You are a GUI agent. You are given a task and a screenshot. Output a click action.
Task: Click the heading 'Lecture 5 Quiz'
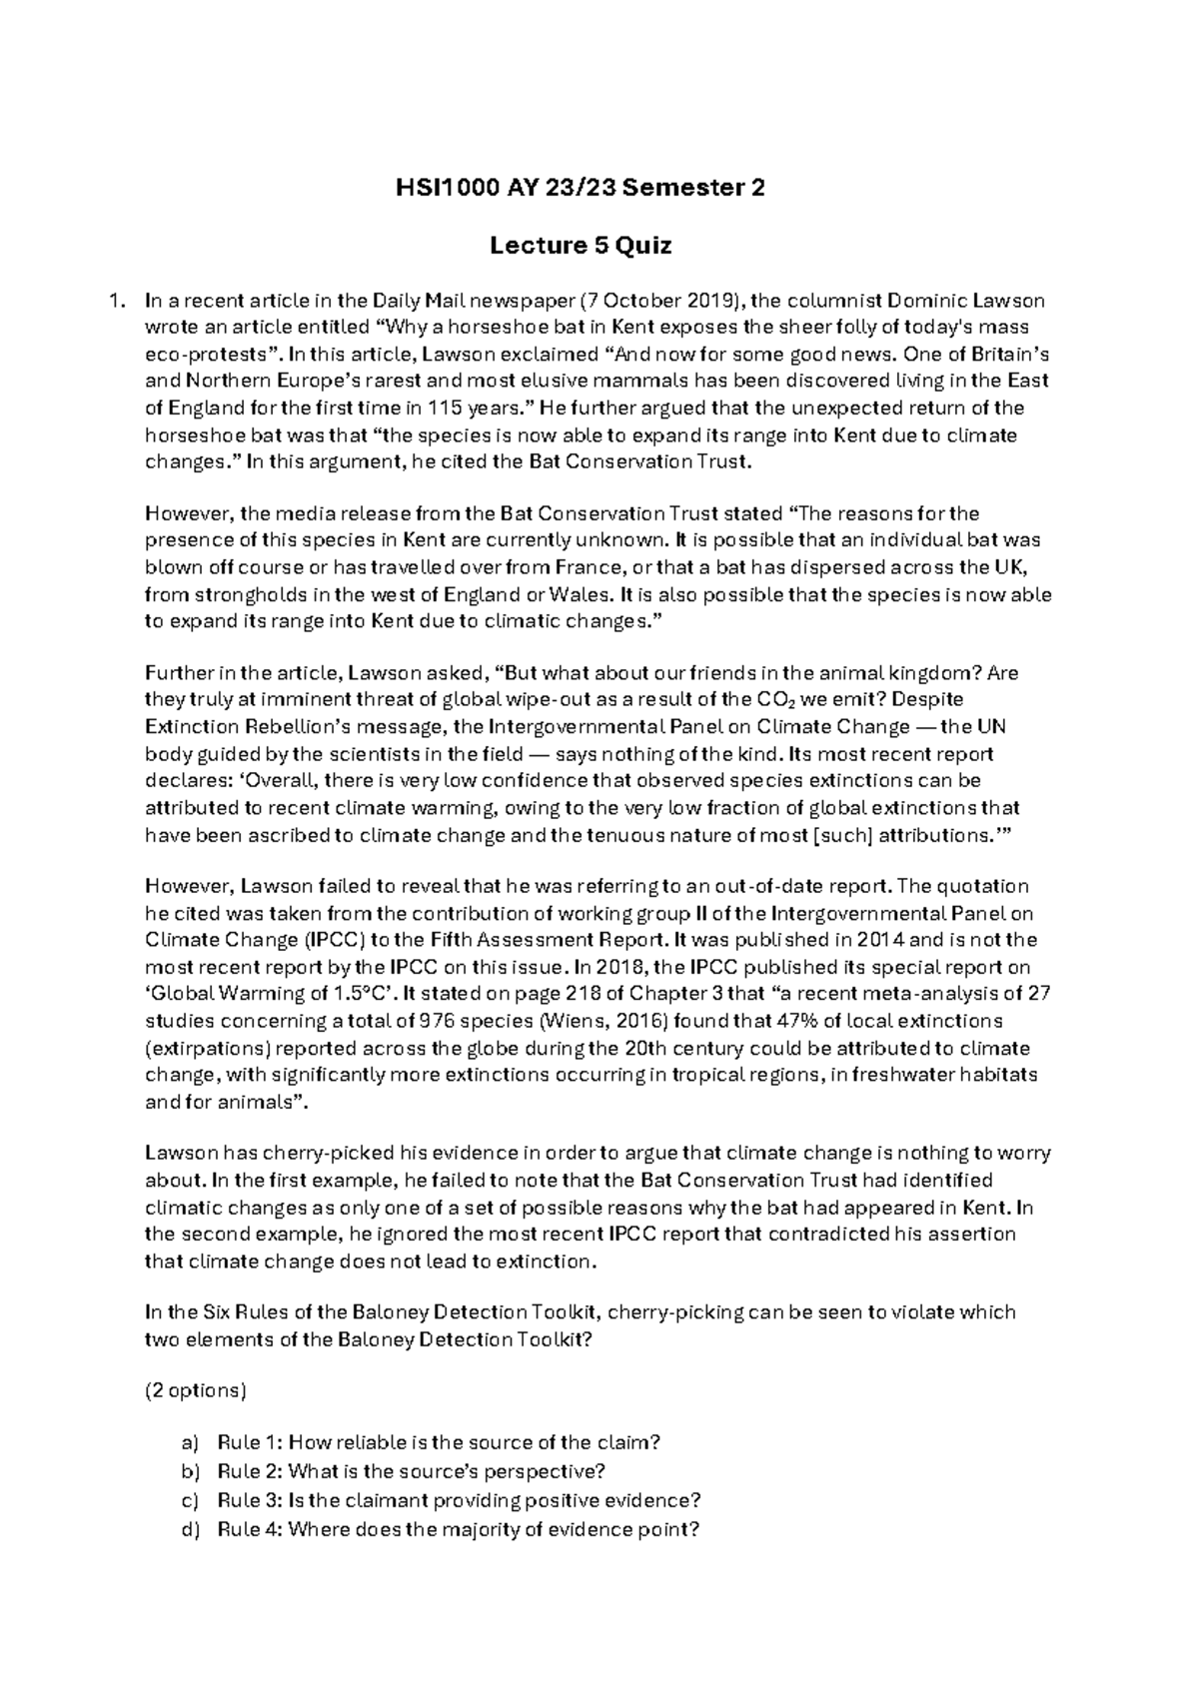tap(581, 246)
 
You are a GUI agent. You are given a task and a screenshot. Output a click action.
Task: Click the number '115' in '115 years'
tap(445, 408)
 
